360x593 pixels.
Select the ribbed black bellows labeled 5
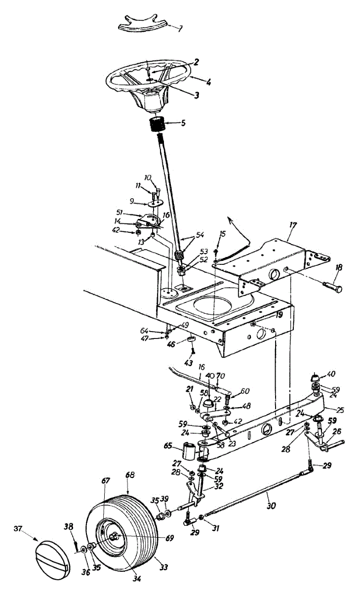tap(160, 123)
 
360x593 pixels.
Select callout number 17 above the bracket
tap(293, 225)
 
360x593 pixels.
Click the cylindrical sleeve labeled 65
tap(189, 451)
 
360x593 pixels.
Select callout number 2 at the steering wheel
tap(196, 62)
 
